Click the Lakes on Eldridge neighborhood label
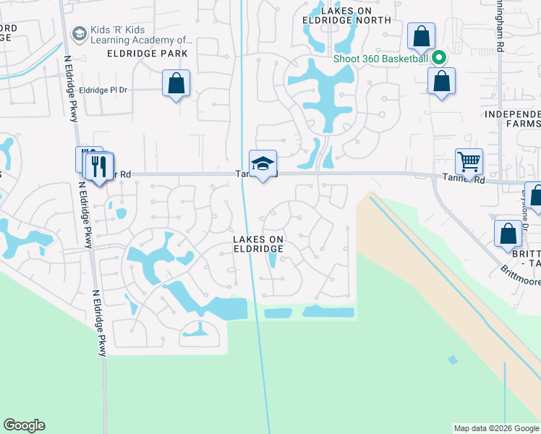(x=257, y=243)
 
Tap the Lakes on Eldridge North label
(x=346, y=15)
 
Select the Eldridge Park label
(x=147, y=54)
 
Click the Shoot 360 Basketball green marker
(x=438, y=58)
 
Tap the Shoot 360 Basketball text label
(x=381, y=59)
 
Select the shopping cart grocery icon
(x=469, y=162)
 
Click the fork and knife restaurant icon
(x=98, y=166)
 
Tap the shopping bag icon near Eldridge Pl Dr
(x=176, y=83)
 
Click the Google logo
(x=24, y=425)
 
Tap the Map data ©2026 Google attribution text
(x=496, y=428)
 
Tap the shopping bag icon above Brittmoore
(x=508, y=234)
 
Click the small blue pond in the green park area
(x=452, y=359)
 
